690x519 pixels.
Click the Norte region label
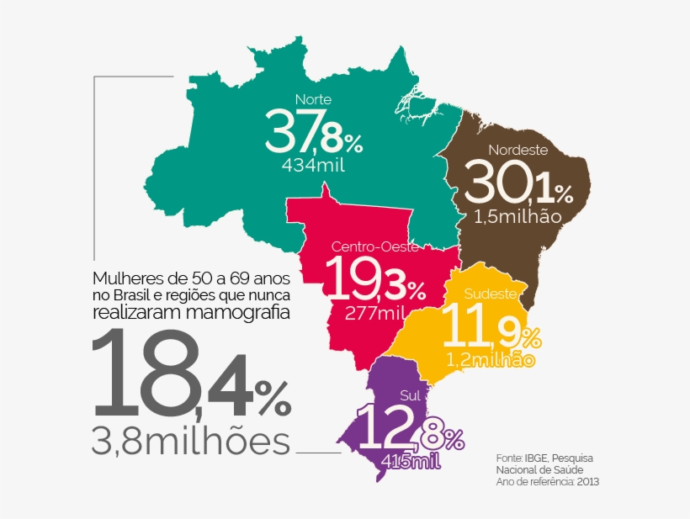[x=314, y=99]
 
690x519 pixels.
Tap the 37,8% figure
[x=312, y=133]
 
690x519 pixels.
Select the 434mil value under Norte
[x=315, y=165]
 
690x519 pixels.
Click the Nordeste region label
[x=518, y=151]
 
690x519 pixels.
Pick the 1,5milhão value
[x=517, y=217]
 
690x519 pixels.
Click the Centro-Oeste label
[x=375, y=246]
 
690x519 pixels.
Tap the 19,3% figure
[x=375, y=280]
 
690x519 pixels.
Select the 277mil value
[x=375, y=313]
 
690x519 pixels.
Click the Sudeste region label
[x=489, y=294]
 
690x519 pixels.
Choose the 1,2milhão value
[x=491, y=361]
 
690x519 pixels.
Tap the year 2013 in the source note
[x=588, y=482]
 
